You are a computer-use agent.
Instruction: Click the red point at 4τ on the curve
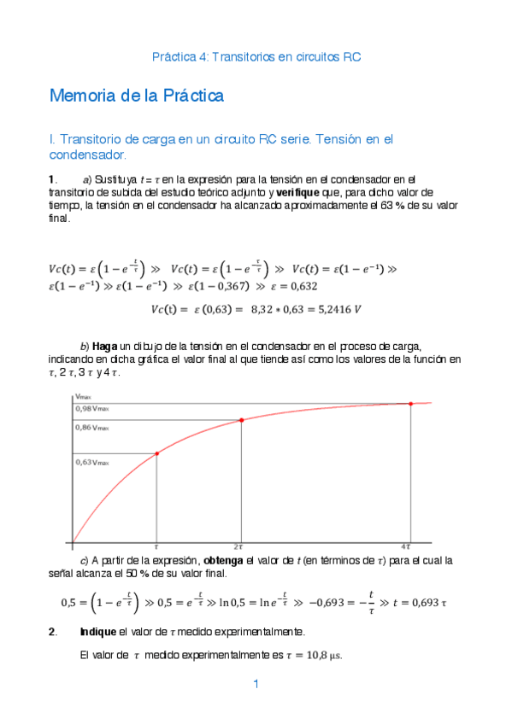pos(411,404)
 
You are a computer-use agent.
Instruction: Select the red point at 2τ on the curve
pos(241,420)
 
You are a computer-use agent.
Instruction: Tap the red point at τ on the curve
pos(156,453)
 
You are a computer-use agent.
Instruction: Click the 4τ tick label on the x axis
pos(409,546)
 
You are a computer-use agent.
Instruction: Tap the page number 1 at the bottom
pos(256,684)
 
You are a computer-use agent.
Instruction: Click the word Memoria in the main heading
pos(81,96)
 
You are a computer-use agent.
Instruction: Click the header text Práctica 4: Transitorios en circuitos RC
pos(256,57)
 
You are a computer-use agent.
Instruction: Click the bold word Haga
pos(104,346)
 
